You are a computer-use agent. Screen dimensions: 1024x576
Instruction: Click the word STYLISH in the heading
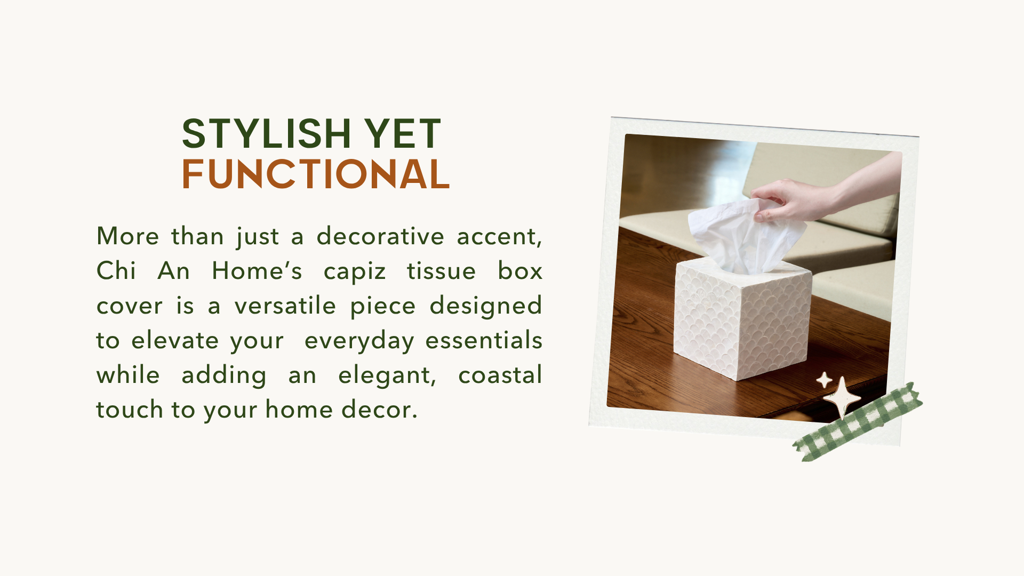[x=266, y=133]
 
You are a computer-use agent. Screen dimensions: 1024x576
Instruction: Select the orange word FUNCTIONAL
[x=316, y=174]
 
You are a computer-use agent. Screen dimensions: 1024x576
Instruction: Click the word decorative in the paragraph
[x=380, y=236]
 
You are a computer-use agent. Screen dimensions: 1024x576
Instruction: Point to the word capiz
[x=354, y=271]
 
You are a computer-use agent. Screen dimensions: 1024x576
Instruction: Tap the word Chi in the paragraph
[x=116, y=270]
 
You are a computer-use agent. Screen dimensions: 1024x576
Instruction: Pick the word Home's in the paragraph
[x=257, y=270]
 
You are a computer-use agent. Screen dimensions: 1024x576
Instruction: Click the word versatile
[x=285, y=306]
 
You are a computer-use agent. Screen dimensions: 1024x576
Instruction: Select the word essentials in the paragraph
[x=484, y=340]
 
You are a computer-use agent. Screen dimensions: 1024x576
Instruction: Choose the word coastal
[x=500, y=375]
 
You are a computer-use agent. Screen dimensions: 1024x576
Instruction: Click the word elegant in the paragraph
[x=387, y=376]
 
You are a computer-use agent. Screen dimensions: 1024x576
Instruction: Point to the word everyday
[x=359, y=341]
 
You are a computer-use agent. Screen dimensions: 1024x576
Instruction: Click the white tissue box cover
[x=741, y=319]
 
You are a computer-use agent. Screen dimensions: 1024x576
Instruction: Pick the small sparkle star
[x=824, y=380]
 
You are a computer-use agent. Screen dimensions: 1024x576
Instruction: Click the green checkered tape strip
[x=858, y=422]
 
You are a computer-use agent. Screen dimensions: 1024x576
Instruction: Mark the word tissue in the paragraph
[x=441, y=270]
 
